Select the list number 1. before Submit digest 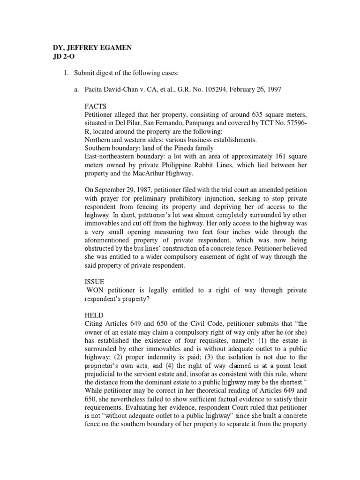coord(66,72)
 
